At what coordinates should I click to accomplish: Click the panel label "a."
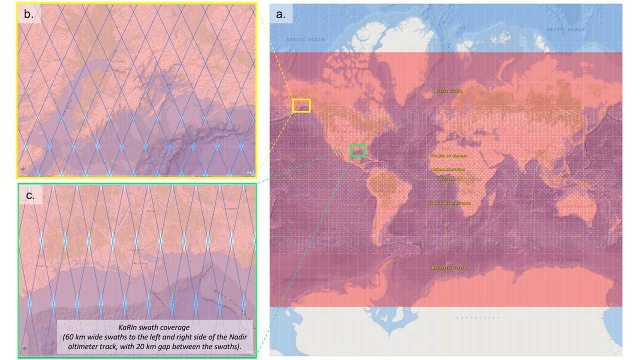[x=281, y=14]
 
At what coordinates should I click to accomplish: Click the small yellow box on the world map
[x=301, y=105]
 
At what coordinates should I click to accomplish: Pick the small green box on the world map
[x=358, y=150]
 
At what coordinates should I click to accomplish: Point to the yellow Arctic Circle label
[x=448, y=91]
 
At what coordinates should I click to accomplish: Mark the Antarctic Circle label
[x=448, y=268]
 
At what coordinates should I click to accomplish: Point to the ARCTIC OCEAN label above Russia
[x=565, y=30]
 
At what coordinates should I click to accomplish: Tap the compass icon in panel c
[x=24, y=350]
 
